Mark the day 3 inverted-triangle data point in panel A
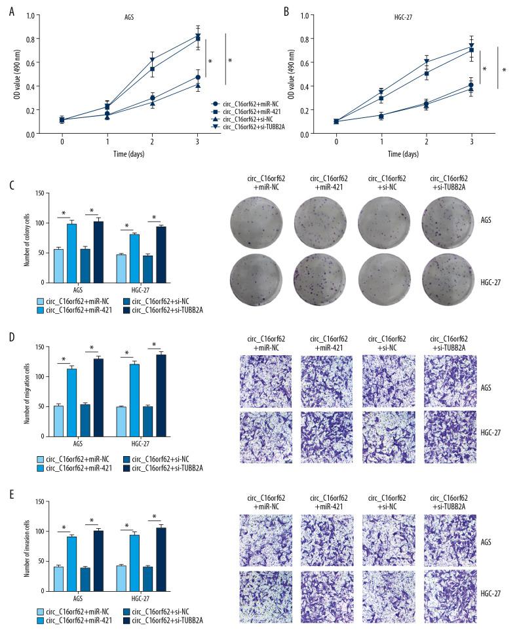coord(199,36)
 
